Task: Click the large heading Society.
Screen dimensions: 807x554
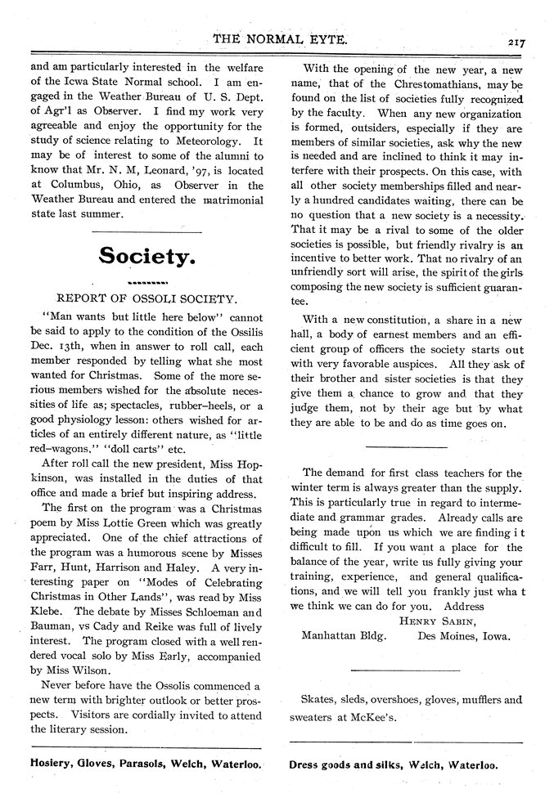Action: [146, 256]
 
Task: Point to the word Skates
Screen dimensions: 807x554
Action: [318, 700]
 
